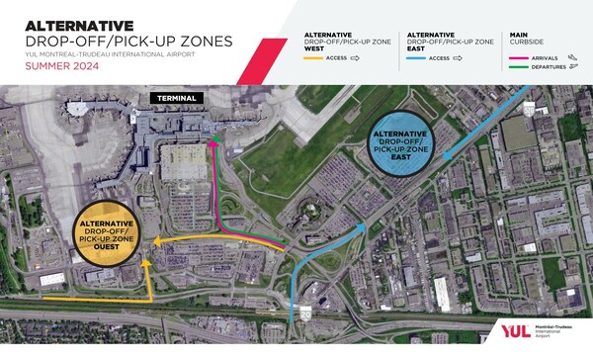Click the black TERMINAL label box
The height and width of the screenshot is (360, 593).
pyautogui.click(x=178, y=98)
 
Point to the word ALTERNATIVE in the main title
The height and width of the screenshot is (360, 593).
pyautogui.click(x=80, y=24)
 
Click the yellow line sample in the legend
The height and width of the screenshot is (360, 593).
pyautogui.click(x=311, y=58)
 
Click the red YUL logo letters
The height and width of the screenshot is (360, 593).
pyautogui.click(x=515, y=333)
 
